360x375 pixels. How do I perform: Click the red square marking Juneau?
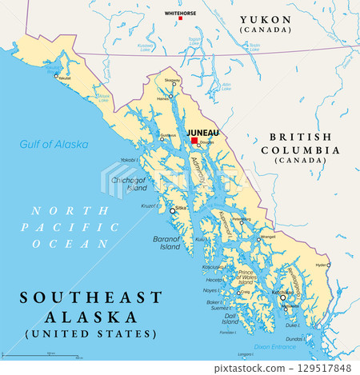[x=194, y=141]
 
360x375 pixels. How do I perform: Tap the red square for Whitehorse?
[x=180, y=18]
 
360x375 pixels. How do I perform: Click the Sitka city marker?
[x=172, y=211]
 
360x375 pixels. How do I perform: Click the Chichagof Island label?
[x=131, y=184]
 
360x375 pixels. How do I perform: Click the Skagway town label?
[x=173, y=81]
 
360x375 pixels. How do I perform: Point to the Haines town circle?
[x=170, y=96]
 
